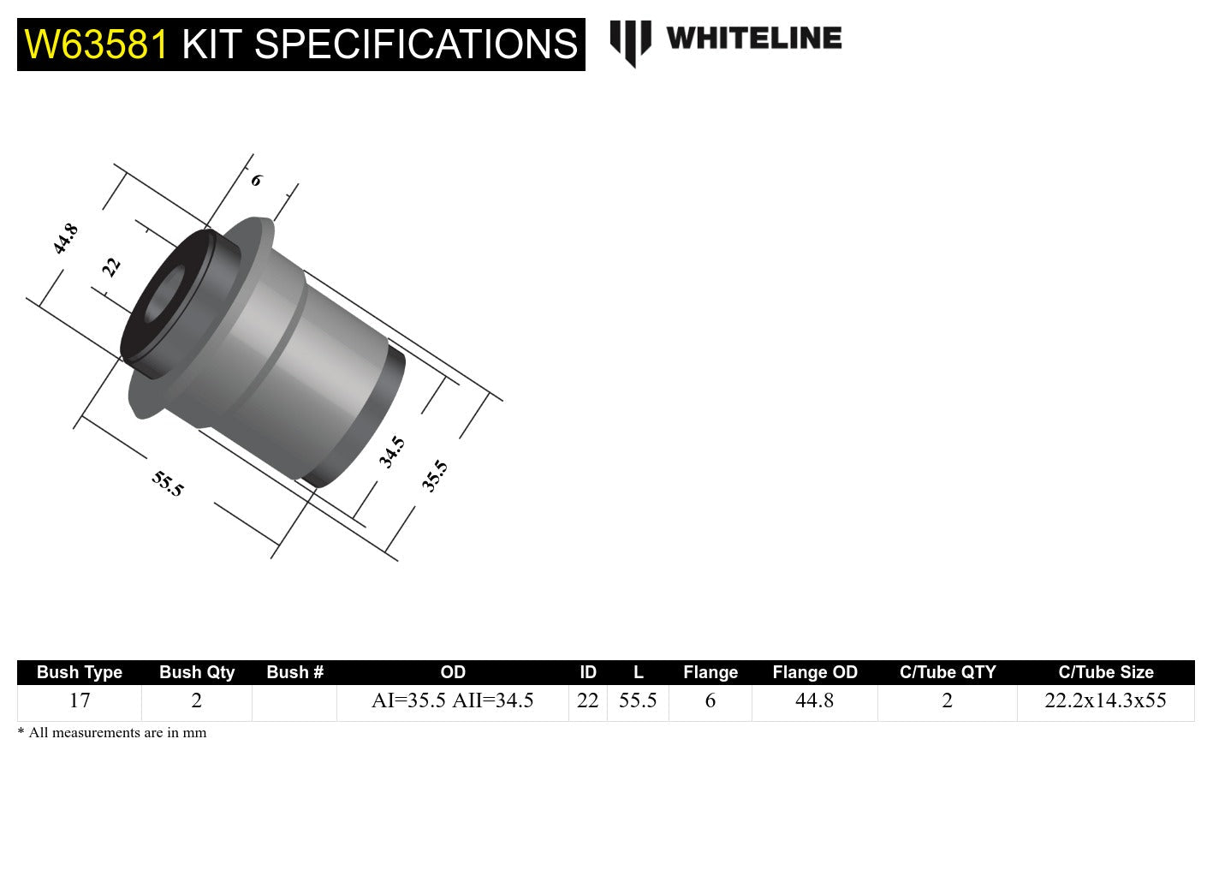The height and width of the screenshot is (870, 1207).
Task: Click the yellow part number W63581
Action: [x=97, y=45]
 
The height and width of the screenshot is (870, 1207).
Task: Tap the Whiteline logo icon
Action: [x=630, y=41]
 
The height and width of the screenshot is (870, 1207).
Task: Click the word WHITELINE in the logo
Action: [x=753, y=38]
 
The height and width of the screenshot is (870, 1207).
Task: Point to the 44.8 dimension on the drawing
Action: [x=65, y=239]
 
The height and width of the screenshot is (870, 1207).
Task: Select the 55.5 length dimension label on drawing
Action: [x=168, y=484]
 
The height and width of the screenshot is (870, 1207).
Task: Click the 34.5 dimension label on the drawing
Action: [x=392, y=452]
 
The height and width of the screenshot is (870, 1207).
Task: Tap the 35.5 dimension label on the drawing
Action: [x=435, y=476]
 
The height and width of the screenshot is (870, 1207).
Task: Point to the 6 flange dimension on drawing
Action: [x=256, y=181]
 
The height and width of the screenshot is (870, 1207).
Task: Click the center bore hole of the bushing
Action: [x=164, y=295]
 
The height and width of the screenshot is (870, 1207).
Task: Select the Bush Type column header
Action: [x=80, y=672]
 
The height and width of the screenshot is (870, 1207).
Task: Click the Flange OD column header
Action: [x=814, y=672]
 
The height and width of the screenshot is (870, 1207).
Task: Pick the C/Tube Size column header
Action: [x=1105, y=672]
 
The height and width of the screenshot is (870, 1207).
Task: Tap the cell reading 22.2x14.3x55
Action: [x=1105, y=701]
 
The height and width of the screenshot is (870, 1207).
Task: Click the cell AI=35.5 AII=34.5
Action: [x=452, y=701]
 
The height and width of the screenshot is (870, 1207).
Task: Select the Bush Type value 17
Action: [x=80, y=701]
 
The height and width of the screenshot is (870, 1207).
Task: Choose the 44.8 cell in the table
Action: [x=814, y=701]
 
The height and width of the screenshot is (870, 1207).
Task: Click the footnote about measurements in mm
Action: [x=112, y=733]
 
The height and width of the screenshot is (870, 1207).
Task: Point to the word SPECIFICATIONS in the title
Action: [x=417, y=45]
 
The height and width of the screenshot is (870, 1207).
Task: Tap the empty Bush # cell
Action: [x=294, y=701]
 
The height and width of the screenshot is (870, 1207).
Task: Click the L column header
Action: [x=638, y=672]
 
